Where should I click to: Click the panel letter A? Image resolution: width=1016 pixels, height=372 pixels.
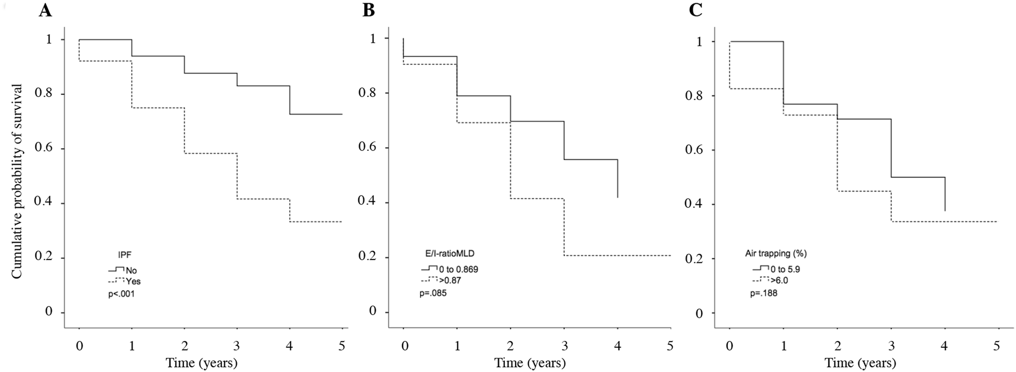46,11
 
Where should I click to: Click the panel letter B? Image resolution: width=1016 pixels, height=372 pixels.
368,11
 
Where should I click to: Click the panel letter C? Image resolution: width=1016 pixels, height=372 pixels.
695,11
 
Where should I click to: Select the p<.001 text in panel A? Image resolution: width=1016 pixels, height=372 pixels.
122,294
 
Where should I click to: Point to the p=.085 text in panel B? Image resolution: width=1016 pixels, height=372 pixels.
433,293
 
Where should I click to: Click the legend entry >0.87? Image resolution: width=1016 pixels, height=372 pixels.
450,280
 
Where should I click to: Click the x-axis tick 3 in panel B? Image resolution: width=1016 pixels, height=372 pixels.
564,346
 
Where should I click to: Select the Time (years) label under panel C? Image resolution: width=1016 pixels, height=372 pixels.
860,363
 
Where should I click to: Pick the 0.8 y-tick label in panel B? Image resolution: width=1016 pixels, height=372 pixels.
368,93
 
